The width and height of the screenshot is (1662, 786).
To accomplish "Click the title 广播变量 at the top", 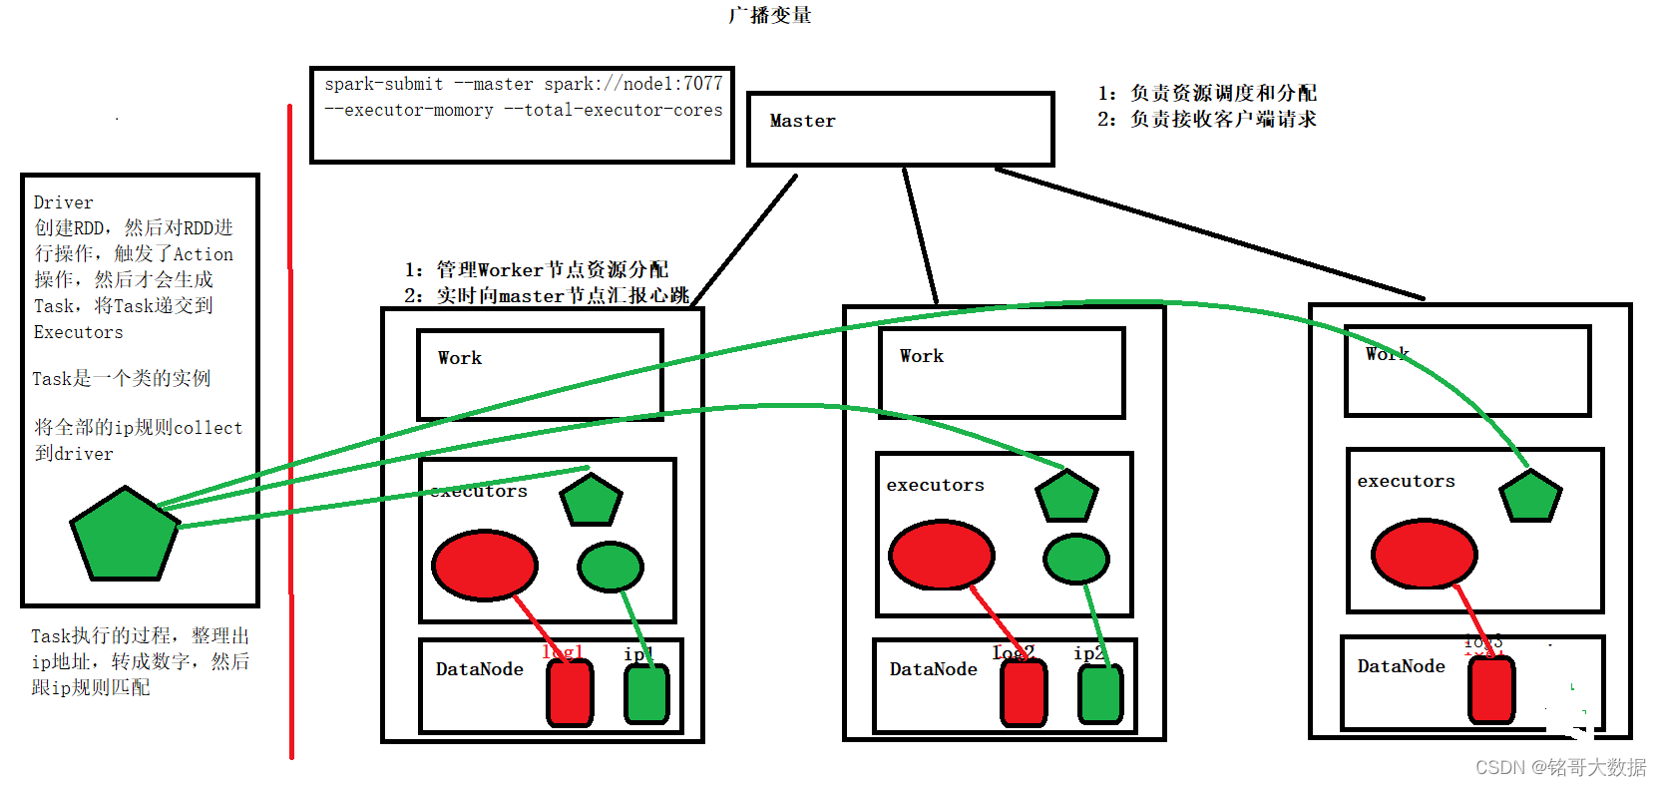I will tap(769, 15).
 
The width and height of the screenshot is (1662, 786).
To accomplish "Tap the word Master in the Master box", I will tap(802, 121).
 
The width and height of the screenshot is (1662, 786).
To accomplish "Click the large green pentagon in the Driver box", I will tap(124, 536).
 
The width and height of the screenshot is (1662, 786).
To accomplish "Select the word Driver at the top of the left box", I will tap(63, 202).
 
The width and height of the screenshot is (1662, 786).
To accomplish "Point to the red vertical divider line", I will tap(290, 429).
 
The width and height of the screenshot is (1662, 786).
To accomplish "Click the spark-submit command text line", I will tap(523, 84).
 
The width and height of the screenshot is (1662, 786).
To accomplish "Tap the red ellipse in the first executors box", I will tap(484, 565).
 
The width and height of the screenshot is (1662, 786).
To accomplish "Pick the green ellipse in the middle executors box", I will tap(1075, 559).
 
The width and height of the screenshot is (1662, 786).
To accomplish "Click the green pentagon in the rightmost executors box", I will tap(1530, 496).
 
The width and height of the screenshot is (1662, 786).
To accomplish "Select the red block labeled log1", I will tap(570, 692).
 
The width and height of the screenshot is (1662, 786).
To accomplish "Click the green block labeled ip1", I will tap(646, 693).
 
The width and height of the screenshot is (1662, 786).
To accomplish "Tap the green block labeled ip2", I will tap(1100, 693).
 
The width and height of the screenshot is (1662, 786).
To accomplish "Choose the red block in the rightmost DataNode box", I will tap(1491, 689).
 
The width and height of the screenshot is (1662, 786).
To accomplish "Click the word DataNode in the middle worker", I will tap(933, 669).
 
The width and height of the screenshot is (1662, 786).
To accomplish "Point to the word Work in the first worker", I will tap(459, 358).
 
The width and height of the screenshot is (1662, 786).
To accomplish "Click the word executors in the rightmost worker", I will tap(1406, 481).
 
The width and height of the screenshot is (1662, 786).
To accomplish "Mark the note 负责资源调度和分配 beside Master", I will tap(1222, 93).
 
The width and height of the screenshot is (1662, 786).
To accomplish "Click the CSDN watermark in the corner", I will tap(1560, 767).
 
